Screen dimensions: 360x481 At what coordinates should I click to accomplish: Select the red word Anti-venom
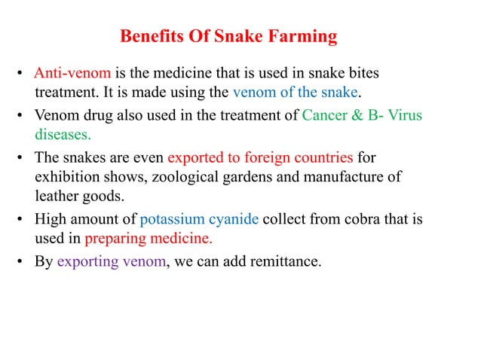point(73,74)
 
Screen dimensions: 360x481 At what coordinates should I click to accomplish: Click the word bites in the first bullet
point(362,74)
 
